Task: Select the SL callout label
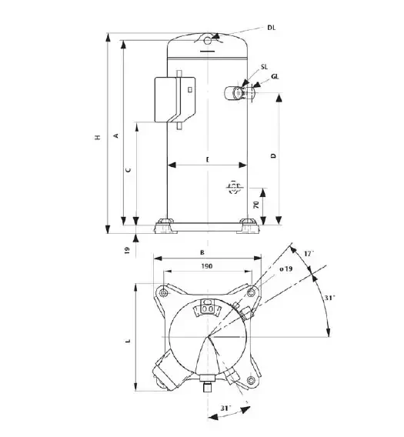[x=264, y=68]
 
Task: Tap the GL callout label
[x=275, y=76]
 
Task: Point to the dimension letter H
[x=98, y=137]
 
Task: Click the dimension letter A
[x=115, y=135]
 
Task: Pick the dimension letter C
[x=129, y=169]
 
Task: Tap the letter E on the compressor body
[x=207, y=158]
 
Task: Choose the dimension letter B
[x=202, y=252]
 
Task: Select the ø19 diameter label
[x=284, y=269]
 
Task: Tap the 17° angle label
[x=308, y=253]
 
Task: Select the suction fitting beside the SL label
[x=235, y=92]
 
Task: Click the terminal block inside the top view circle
[x=206, y=309]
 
